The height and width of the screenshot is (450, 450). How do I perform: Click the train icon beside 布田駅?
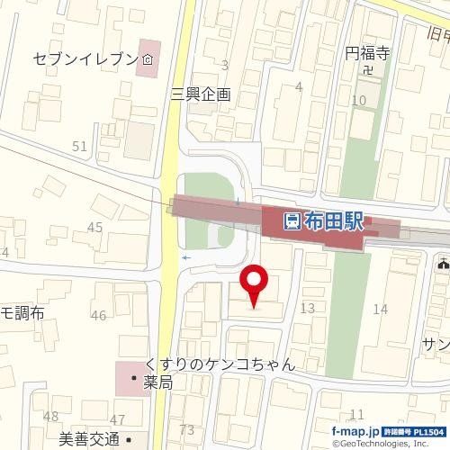coord(292,221)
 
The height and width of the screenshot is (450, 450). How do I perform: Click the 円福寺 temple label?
coord(365,53)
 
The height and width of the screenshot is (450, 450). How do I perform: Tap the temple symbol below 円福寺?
coord(366,69)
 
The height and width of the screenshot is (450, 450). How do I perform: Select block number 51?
coord(80,146)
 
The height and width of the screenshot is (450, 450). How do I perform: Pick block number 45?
coord(94,228)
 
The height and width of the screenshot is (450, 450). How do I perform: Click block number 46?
coord(98,315)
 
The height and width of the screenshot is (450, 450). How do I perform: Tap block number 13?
coord(307,309)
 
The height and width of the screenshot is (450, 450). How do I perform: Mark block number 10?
coord(358,100)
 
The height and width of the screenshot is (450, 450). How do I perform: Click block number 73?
coord(187,429)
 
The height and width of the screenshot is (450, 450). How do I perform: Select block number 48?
coord(50,416)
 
